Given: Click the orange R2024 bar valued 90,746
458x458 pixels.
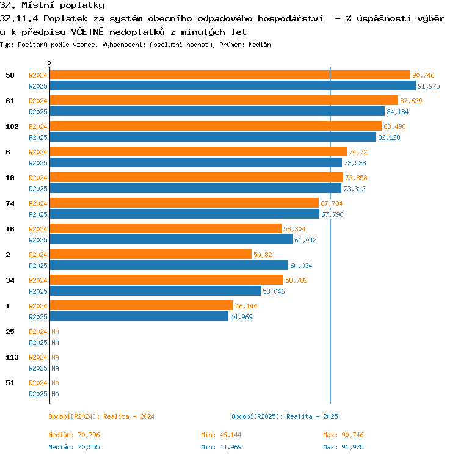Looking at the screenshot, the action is point(230,75).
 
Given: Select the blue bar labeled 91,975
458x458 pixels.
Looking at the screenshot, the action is point(233,86).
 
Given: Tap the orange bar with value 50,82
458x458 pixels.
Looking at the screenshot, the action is point(151,254).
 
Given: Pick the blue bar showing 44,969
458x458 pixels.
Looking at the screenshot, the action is point(139,316).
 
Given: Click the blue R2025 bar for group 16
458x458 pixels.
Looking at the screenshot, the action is point(171,239).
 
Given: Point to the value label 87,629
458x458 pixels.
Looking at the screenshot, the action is point(411,101).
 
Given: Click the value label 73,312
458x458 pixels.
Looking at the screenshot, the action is point(354,189).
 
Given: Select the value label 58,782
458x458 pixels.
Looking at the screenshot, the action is point(296,280).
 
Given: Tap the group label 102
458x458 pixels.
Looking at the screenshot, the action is point(12,126).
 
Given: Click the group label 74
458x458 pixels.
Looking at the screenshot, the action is point(10,203).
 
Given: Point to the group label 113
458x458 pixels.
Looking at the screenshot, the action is point(12,357).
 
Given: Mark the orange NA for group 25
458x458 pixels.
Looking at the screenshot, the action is point(55,332).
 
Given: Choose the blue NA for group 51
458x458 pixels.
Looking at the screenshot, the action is point(55,394).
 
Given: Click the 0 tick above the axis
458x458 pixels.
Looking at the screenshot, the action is point(49,63).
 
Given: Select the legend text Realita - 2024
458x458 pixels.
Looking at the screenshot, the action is point(129,416).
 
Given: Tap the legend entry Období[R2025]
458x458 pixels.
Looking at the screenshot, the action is point(257,416).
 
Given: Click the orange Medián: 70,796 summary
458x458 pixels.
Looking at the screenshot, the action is point(74,435).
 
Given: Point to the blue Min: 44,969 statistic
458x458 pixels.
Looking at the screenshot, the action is point(221,447).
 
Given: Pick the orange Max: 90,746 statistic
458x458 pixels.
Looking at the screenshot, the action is point(343,435).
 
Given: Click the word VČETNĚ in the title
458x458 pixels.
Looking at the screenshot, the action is point(87,31).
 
